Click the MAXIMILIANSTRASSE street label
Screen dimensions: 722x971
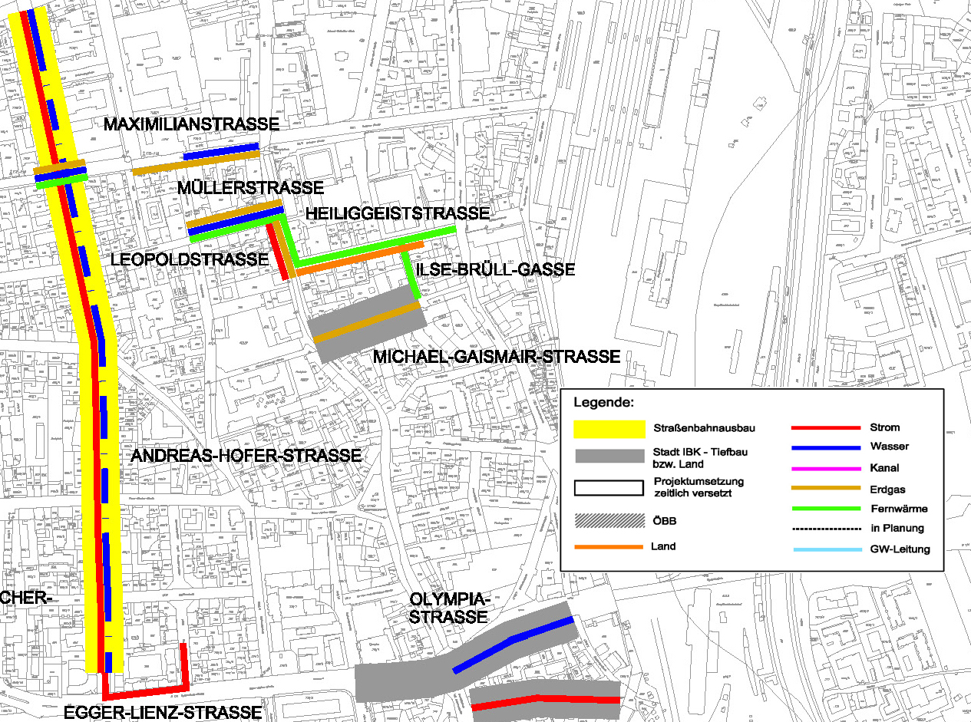coord(192,124)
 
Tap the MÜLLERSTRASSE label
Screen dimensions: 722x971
coord(249,188)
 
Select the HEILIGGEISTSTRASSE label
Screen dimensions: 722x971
coord(397,213)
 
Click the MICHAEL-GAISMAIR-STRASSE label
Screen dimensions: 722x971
coord(496,357)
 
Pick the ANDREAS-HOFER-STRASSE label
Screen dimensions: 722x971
coord(246,456)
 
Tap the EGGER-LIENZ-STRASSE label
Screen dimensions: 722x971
coord(163,713)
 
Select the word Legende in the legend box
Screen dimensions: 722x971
coord(604,402)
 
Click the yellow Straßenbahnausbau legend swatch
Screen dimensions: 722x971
coord(609,428)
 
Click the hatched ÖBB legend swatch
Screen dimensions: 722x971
coord(609,519)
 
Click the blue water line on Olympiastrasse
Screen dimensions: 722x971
coord(510,641)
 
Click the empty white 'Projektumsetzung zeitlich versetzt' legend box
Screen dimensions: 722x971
coord(609,487)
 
